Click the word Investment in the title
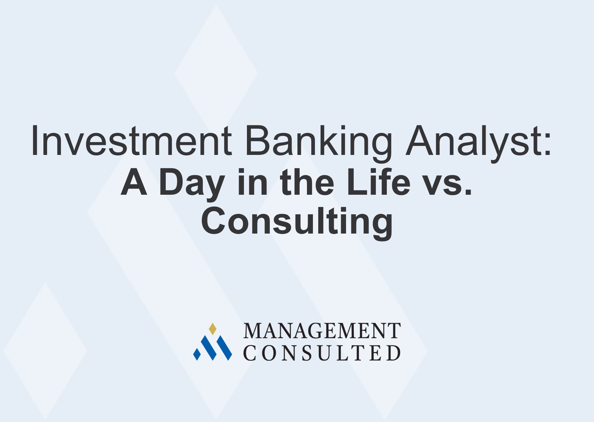click(x=131, y=141)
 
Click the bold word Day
click(x=191, y=183)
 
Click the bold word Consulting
click(x=297, y=222)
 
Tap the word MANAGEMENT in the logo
click(x=322, y=331)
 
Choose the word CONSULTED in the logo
click(x=322, y=353)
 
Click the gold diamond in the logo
click(x=212, y=328)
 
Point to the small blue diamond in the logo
click(x=197, y=354)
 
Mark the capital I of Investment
click(x=34, y=141)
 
